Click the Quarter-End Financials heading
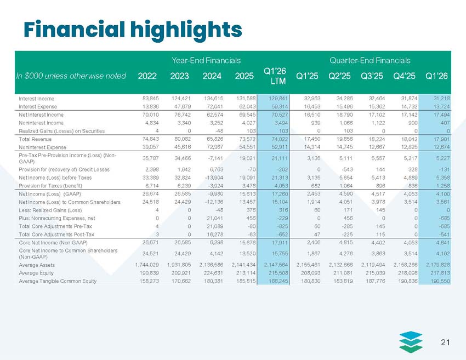[x=371, y=59]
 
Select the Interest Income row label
[x=39, y=98]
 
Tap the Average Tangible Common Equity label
[x=58, y=281]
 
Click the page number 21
[x=445, y=342]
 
